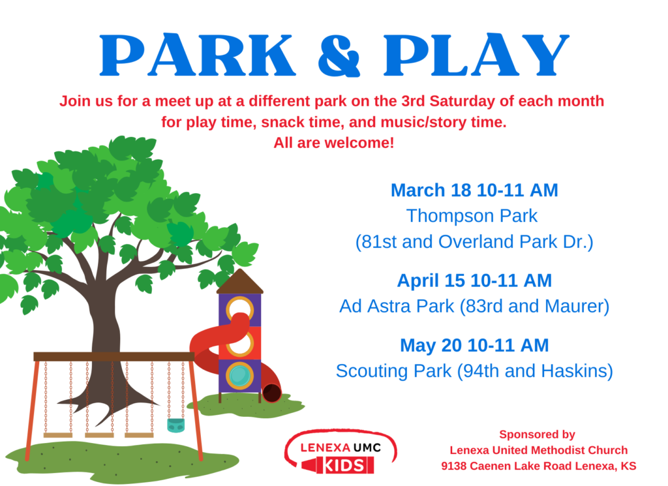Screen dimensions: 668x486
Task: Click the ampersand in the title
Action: (339, 56)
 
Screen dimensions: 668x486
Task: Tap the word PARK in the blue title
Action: (198, 55)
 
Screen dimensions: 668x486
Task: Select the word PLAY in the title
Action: (476, 55)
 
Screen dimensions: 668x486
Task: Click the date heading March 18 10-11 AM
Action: (474, 190)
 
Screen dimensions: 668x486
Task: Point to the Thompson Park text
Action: (472, 216)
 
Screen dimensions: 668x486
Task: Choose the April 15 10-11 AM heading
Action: (474, 281)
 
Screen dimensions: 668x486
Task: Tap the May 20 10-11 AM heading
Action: (474, 345)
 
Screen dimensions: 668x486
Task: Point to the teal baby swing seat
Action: (176, 425)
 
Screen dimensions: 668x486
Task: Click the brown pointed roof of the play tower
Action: (240, 281)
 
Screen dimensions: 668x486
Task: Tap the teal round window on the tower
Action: (239, 376)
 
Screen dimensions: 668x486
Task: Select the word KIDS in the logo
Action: (344, 466)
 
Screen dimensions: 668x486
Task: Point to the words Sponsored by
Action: (537, 434)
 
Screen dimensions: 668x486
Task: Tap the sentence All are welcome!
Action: (333, 143)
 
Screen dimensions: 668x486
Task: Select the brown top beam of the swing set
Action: (114, 357)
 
